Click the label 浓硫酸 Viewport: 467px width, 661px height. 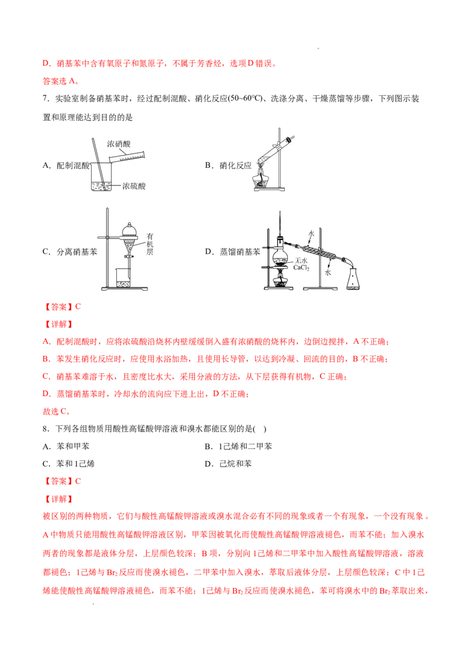[x=134, y=186]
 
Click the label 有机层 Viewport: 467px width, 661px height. [x=149, y=243]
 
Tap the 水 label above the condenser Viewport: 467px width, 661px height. [x=312, y=233]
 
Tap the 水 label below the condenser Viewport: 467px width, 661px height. [x=327, y=272]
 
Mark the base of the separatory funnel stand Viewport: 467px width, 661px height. [x=126, y=288]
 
